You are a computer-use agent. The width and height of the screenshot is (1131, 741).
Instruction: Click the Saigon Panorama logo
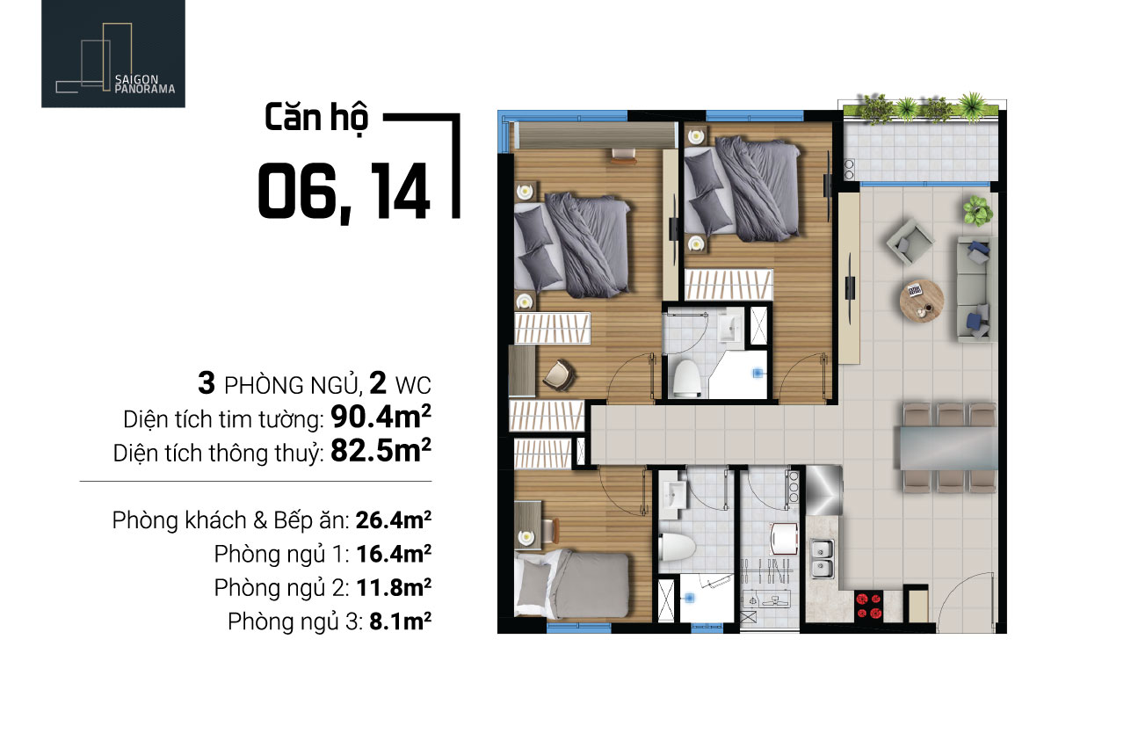click(113, 54)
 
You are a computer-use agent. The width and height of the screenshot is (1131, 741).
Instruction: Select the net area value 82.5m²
click(381, 450)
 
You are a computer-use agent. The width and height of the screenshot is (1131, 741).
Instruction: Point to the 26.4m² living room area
click(394, 519)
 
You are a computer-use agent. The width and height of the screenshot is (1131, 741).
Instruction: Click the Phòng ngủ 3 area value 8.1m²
click(400, 621)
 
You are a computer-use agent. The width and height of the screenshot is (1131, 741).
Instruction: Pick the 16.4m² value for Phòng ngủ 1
click(394, 554)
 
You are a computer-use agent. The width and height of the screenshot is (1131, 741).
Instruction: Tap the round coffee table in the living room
click(922, 301)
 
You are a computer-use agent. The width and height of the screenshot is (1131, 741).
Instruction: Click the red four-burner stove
click(869, 605)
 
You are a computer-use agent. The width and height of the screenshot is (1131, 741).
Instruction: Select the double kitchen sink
click(822, 558)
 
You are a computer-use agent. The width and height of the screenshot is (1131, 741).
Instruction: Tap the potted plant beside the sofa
click(977, 210)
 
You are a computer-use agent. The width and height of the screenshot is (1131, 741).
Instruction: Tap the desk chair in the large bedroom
click(559, 374)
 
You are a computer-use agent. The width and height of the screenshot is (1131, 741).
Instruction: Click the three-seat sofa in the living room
click(977, 289)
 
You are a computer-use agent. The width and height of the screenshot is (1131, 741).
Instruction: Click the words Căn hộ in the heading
click(316, 118)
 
